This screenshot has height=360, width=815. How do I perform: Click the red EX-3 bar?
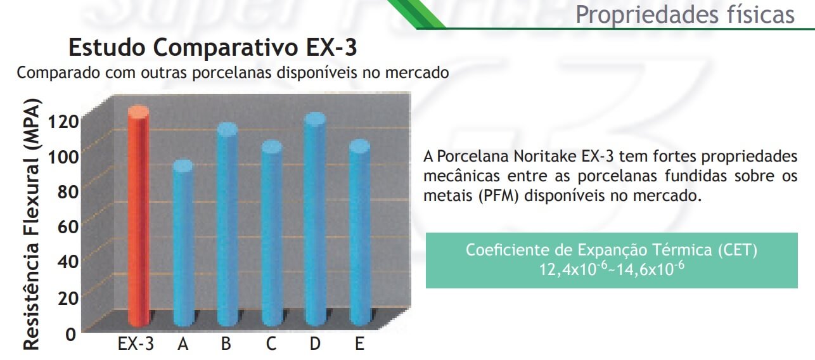click(x=139, y=216)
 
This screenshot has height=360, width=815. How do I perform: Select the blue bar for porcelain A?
click(x=183, y=243)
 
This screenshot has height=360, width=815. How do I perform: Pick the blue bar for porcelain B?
click(x=228, y=224)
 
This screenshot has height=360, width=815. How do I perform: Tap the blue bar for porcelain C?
click(x=272, y=233)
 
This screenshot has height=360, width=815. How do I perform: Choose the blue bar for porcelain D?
click(x=315, y=219)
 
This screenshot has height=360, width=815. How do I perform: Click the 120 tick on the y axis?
click(x=63, y=122)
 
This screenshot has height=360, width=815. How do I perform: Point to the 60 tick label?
click(x=68, y=227)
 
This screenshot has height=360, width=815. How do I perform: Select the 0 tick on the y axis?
click(x=70, y=335)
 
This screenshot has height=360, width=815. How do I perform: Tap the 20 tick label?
click(x=68, y=299)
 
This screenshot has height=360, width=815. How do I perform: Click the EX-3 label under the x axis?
click(x=136, y=344)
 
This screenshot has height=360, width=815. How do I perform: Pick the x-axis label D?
click(x=315, y=344)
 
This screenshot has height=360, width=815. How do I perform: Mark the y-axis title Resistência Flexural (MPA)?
click(x=32, y=224)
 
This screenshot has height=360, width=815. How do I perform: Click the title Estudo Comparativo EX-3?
click(x=213, y=48)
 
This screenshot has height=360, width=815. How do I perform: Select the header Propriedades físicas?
click(x=684, y=15)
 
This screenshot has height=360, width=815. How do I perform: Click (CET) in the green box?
click(x=738, y=250)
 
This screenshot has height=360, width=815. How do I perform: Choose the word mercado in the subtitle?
click(x=416, y=73)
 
